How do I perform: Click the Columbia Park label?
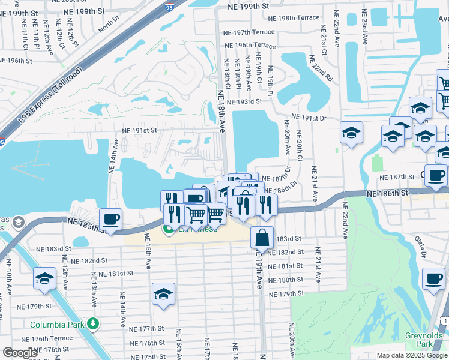(57, 325)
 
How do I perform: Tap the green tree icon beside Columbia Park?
(92, 324)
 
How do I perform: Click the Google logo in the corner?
(20, 353)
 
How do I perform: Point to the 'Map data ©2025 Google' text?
(411, 355)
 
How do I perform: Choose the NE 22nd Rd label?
(321, 68)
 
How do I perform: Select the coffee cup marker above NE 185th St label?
(110, 218)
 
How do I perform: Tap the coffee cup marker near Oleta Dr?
(433, 278)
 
